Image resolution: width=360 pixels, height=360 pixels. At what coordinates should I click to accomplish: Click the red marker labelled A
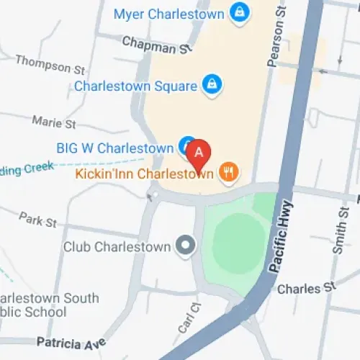point(199,153)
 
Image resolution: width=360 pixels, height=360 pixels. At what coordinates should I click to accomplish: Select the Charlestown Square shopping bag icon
point(210,84)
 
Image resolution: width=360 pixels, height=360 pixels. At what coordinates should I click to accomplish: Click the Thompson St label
point(50,65)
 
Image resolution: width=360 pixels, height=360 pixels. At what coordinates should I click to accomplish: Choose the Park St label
point(37,219)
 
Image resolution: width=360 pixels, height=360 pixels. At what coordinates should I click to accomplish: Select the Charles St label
point(307,289)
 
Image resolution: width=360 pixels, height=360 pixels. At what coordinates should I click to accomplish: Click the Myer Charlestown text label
point(169,13)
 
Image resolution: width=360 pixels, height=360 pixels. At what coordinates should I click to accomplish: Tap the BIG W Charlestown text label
point(114,148)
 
